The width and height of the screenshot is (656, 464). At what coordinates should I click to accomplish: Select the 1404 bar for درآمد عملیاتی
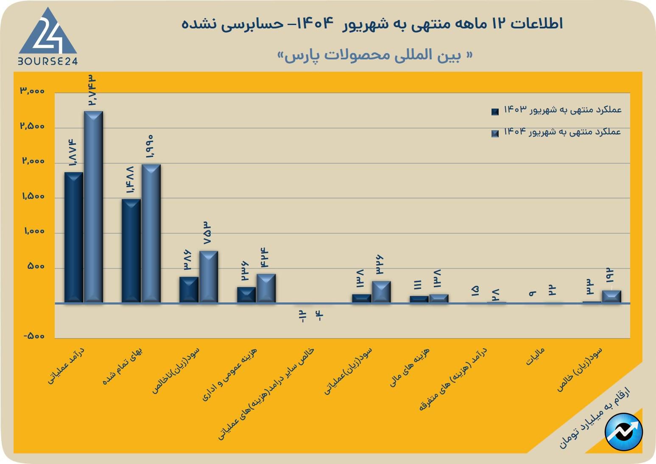pos(93,207)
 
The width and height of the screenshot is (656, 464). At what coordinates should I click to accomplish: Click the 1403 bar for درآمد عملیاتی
pos(74,238)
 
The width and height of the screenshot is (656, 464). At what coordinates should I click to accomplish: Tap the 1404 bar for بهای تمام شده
pos(151,233)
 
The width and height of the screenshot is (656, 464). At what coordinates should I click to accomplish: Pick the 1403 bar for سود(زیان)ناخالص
pos(189,290)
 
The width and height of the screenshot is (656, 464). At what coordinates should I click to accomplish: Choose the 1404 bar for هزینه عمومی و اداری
pos(266,288)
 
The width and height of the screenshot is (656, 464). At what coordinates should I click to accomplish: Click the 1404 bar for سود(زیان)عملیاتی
pos(381,292)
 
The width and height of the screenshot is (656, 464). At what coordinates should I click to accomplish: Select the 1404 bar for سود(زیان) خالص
pos(611,296)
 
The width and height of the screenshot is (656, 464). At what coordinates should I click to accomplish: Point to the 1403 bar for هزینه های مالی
pos(419,299)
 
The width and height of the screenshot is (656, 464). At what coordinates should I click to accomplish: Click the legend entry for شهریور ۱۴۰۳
pos(557,110)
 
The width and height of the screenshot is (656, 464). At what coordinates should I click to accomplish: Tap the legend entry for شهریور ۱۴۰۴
pos(557,132)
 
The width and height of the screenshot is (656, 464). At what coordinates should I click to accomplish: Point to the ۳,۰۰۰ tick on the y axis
pos(32,91)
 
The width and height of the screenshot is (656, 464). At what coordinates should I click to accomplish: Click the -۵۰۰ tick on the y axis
pos(33,336)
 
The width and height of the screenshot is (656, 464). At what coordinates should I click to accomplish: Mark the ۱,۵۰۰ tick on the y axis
pos(32,196)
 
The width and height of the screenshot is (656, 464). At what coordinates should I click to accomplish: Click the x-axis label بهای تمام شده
pos(123,366)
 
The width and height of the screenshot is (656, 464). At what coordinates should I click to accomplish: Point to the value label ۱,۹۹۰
pos(150,146)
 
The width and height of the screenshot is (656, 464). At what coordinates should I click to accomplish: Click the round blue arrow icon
pos(624,432)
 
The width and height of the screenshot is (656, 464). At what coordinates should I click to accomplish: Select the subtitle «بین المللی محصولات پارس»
pos(375,56)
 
